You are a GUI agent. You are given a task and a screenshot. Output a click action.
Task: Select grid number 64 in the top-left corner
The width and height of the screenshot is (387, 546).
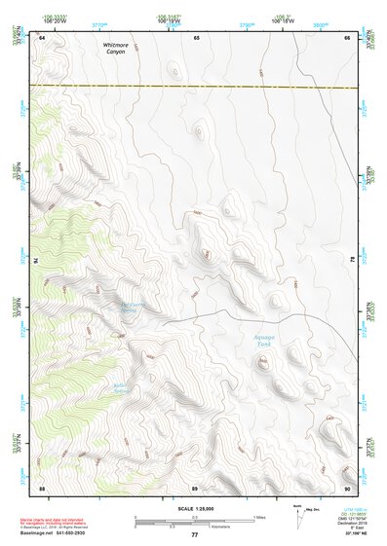point(43,37)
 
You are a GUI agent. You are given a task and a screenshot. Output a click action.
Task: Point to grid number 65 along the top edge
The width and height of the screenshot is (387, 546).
point(196,37)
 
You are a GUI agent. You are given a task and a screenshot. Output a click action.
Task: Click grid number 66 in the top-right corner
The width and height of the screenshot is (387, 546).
point(348,37)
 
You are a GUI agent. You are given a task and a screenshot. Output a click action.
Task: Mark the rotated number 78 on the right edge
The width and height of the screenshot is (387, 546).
point(351,261)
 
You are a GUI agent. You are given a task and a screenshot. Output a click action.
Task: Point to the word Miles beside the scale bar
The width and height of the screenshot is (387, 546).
point(259,516)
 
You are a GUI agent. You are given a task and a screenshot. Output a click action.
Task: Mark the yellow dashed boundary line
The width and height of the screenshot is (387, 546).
point(195,87)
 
